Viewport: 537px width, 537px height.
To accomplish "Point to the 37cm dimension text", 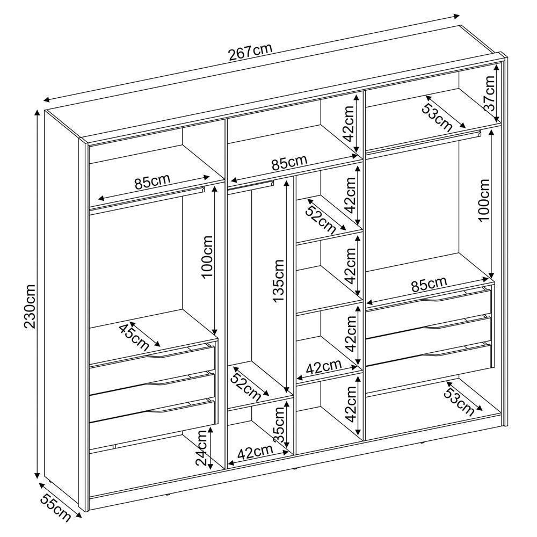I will [490, 93].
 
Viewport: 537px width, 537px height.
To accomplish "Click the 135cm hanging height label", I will [278, 281].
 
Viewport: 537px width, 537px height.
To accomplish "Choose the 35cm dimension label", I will [279, 424].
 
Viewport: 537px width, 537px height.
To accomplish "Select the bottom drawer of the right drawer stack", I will [429, 361].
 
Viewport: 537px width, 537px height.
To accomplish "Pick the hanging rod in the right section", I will [424, 143].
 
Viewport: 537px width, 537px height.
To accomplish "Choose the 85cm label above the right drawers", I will [429, 285].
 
